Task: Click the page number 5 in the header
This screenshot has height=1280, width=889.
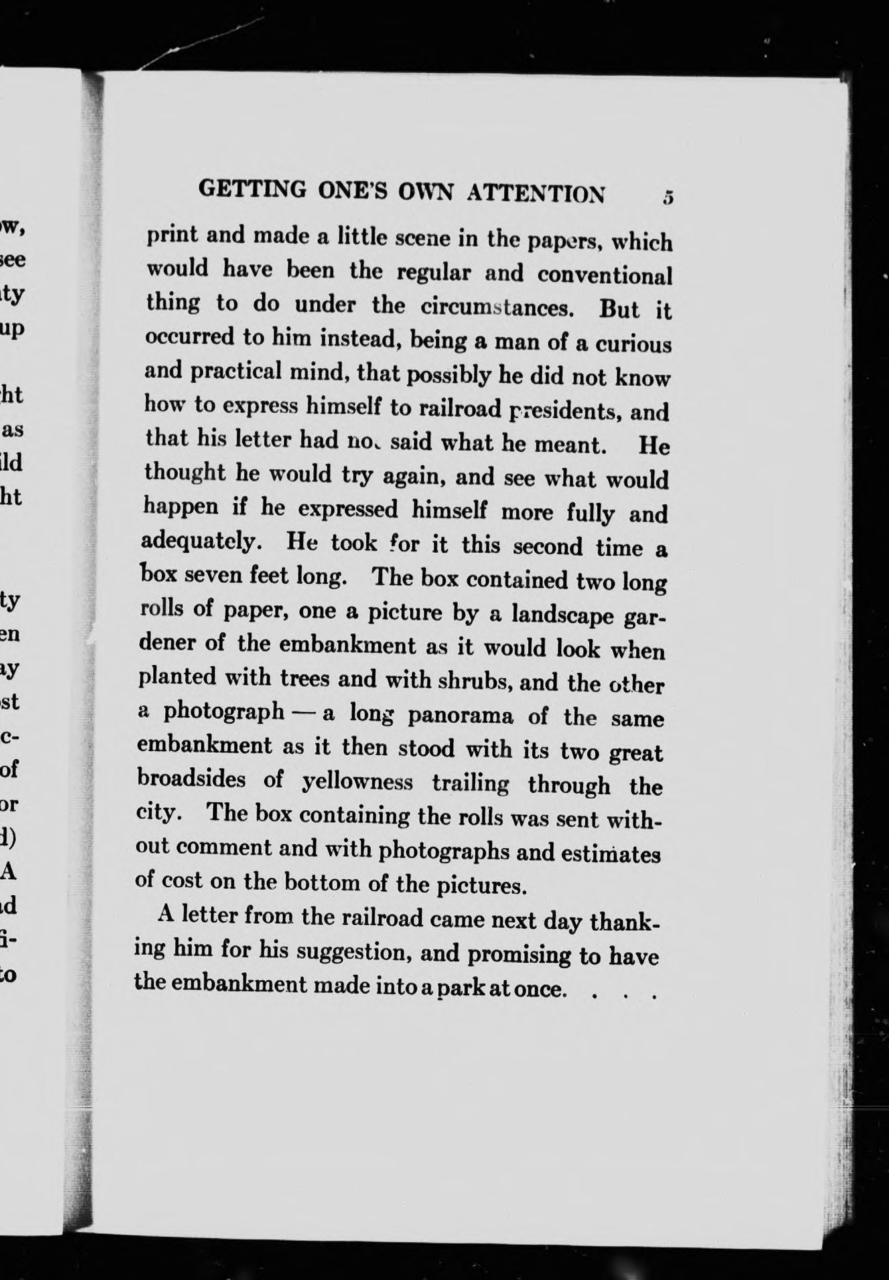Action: [x=667, y=198]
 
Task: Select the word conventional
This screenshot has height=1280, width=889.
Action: [x=604, y=274]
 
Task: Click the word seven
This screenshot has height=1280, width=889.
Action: [x=214, y=575]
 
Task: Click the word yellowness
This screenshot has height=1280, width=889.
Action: [x=357, y=782]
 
